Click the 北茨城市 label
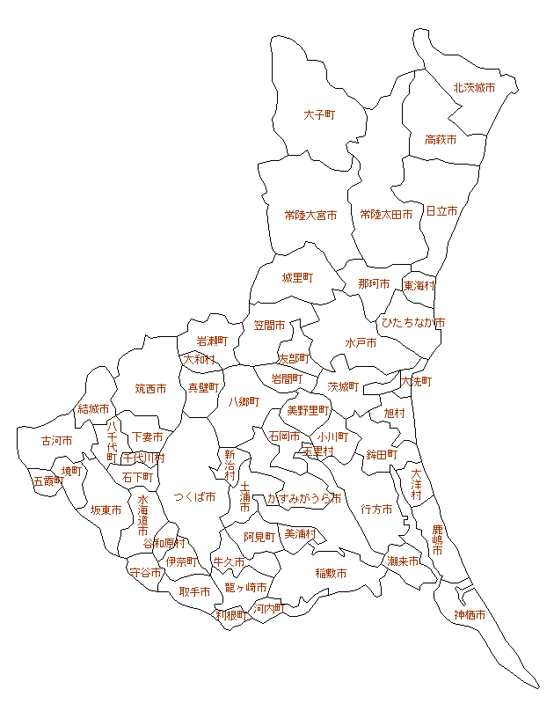click(x=473, y=88)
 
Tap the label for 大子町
click(x=319, y=115)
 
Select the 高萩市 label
click(x=440, y=140)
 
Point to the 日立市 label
click(x=441, y=211)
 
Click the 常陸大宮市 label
click(x=310, y=215)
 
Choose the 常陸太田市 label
click(x=386, y=215)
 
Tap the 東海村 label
click(x=419, y=286)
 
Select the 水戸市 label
click(x=361, y=342)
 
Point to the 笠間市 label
click(x=269, y=326)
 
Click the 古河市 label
click(x=56, y=441)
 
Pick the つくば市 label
click(x=194, y=497)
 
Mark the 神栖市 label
click(x=470, y=615)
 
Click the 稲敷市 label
click(x=331, y=573)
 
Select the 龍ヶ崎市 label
click(x=245, y=587)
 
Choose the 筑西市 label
click(x=150, y=388)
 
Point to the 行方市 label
click(x=376, y=509)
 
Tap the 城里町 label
click(x=297, y=278)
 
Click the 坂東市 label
click(x=106, y=510)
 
